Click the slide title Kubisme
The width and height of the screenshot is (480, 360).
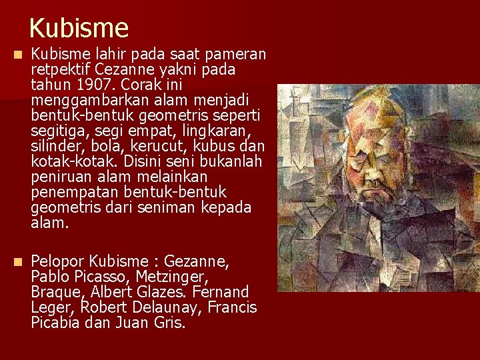coord(79,28)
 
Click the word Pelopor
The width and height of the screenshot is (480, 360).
coord(57,261)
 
